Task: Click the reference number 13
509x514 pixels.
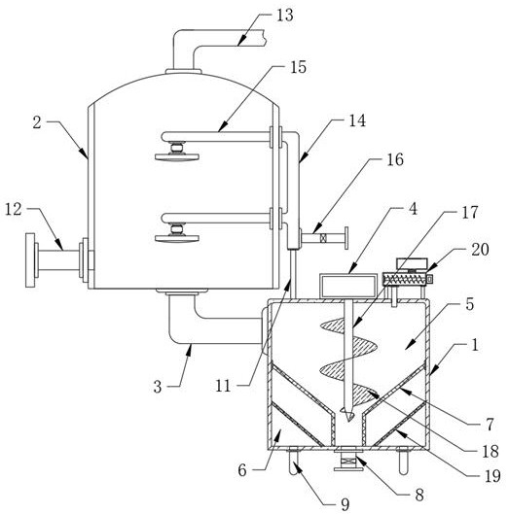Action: pos(284,16)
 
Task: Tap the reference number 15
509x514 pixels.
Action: pos(298,67)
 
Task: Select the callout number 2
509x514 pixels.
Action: pos(37,122)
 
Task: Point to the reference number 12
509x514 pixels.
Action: pos(14,209)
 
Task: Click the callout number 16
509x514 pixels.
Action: pos(395,159)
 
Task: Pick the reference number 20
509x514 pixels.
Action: pos(480,250)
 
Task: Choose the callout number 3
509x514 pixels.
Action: pos(158,387)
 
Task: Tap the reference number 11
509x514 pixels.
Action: pos(223,386)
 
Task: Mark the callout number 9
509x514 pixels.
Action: pos(345,504)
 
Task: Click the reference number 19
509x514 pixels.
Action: pos(492,476)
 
